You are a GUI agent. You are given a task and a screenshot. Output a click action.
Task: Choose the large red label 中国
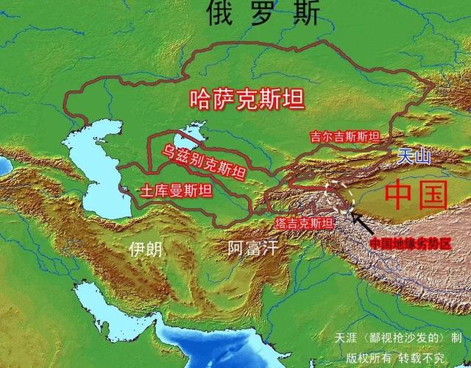point(417,194)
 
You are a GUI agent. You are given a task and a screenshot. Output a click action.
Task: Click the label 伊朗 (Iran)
point(144,248)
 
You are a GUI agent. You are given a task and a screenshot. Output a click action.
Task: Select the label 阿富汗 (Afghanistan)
point(252,247)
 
